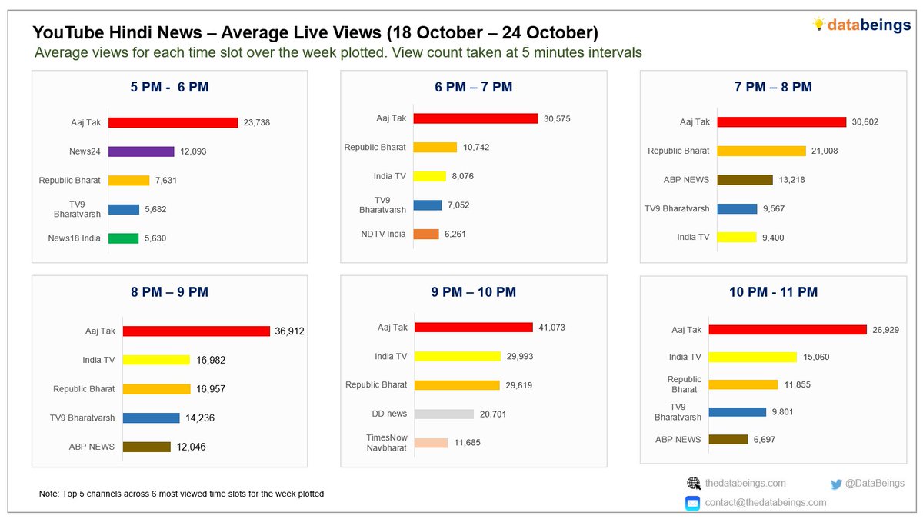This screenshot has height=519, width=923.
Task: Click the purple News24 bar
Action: pos(142,151)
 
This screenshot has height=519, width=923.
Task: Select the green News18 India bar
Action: pos(123,238)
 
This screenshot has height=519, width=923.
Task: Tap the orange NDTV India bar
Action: pos(426,234)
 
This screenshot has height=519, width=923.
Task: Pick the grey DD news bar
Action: pos(444,414)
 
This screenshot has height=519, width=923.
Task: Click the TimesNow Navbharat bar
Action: pos(431,443)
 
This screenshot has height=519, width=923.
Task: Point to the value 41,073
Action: pos(551,328)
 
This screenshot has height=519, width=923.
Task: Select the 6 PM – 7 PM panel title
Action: pos(474,87)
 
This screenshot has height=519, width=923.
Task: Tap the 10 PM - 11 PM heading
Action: pos(773,292)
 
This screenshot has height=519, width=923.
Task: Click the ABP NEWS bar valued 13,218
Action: pos(745,180)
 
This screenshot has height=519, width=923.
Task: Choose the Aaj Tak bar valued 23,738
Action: pos(173,122)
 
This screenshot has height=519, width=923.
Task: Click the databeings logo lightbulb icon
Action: pos(818,25)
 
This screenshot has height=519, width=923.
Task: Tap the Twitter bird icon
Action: pos(837,484)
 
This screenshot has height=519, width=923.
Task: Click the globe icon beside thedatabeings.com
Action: pos(694,484)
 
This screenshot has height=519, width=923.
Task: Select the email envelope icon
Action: pos(693,503)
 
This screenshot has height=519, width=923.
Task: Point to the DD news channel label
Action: pos(389,414)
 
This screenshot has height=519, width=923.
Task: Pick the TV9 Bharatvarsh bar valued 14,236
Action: pos(152,418)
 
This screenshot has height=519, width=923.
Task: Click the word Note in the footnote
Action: pos(48,494)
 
